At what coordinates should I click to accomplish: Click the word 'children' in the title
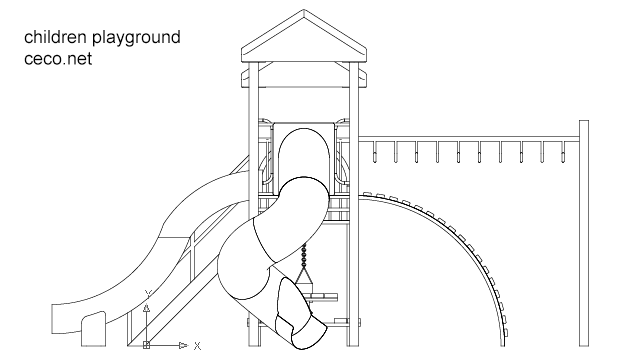(x=57, y=38)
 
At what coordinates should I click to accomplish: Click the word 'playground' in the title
(x=138, y=39)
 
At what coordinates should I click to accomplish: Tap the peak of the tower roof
(x=304, y=13)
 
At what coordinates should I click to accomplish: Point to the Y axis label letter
(x=146, y=292)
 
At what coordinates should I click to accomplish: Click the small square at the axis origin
(x=146, y=345)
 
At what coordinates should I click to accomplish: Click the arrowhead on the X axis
(x=182, y=345)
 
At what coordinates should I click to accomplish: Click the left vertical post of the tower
(x=255, y=200)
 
